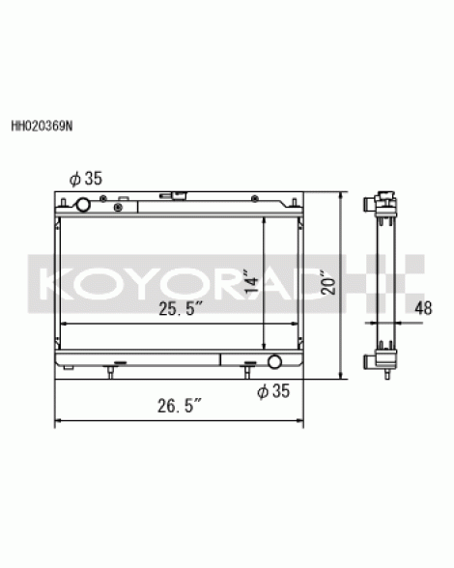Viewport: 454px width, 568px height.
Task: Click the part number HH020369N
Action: tap(43, 126)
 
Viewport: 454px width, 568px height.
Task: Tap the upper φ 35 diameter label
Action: tap(86, 179)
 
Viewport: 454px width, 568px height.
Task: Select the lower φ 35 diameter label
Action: tap(273, 391)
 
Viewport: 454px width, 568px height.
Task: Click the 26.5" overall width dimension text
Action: tap(180, 406)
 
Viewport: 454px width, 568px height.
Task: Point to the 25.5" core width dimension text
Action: tap(181, 309)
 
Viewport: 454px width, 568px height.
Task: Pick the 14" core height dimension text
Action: tap(251, 281)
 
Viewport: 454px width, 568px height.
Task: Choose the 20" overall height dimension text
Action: tap(328, 282)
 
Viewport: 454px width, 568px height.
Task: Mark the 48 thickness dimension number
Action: tap(423, 308)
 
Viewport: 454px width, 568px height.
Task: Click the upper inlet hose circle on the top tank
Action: tap(83, 205)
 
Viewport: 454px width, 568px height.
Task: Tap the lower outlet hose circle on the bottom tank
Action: tap(274, 361)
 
